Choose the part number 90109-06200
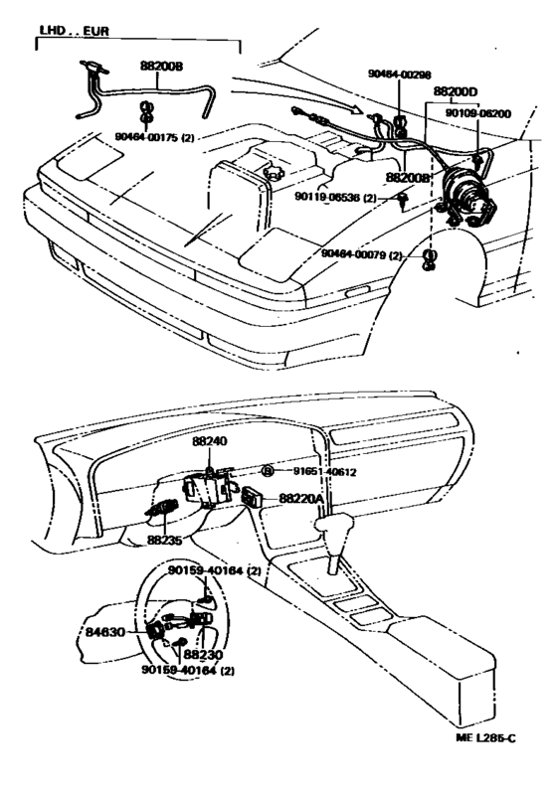point(477,113)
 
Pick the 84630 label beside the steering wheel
point(106,630)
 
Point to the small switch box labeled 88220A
point(253,498)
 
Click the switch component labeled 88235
point(159,510)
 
